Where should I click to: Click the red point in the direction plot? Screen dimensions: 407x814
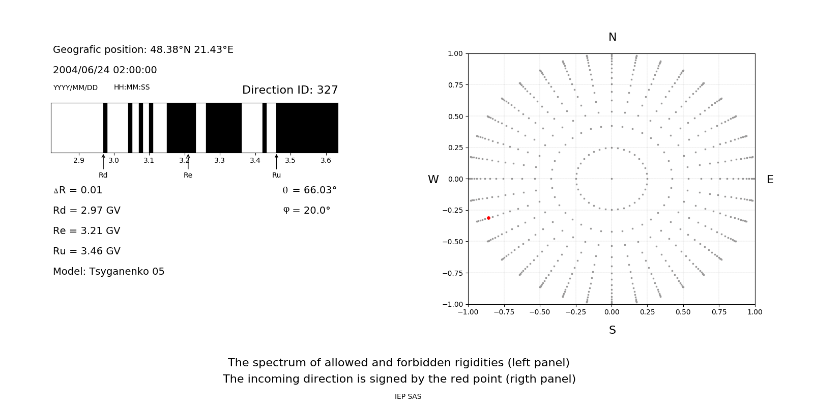pyautogui.click(x=488, y=218)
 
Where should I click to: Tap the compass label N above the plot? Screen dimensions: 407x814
pyautogui.click(x=612, y=37)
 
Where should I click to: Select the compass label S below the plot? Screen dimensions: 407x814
pyautogui.click(x=612, y=330)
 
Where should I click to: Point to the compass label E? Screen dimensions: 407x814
pyautogui.click(x=770, y=180)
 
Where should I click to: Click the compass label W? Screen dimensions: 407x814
pyautogui.click(x=433, y=180)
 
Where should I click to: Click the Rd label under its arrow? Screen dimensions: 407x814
pyautogui.click(x=103, y=175)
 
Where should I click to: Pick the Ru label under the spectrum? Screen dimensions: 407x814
pyautogui.click(x=276, y=175)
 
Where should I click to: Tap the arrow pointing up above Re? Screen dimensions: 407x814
pyautogui.click(x=188, y=161)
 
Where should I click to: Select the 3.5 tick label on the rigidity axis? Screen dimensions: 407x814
pyautogui.click(x=290, y=160)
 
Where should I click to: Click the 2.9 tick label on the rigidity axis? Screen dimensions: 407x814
pyautogui.click(x=78, y=160)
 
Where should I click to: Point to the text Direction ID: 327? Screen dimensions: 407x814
pyautogui.click(x=290, y=90)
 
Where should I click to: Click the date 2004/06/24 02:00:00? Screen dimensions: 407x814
pyautogui.click(x=105, y=70)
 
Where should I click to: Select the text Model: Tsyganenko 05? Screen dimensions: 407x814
pyautogui.click(x=108, y=272)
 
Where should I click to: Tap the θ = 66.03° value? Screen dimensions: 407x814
pyautogui.click(x=309, y=190)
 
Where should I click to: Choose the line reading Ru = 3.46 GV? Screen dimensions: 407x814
pyautogui.click(x=86, y=251)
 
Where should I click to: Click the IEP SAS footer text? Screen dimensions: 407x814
pyautogui.click(x=408, y=396)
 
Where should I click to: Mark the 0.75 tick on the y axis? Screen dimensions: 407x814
pyautogui.click(x=455, y=85)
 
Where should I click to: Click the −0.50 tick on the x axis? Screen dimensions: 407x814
pyautogui.click(x=540, y=312)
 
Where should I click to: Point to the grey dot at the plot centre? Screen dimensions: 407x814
pyautogui.click(x=612, y=179)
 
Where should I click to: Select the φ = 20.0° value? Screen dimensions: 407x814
pyautogui.click(x=306, y=211)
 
